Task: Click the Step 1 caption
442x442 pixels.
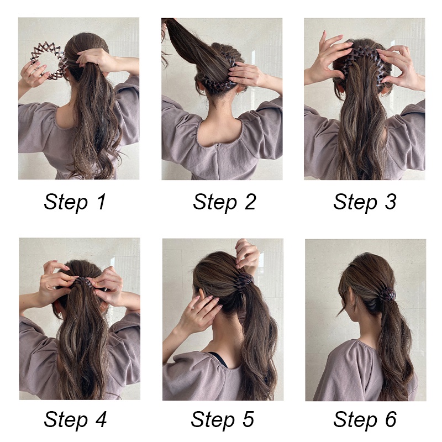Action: tap(75, 202)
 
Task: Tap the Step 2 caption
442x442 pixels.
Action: tap(224, 202)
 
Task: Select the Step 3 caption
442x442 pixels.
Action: tap(365, 202)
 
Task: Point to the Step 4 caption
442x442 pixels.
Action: tap(75, 420)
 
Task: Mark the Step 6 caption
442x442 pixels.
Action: tap(365, 420)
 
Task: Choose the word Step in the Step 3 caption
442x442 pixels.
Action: tap(354, 203)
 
